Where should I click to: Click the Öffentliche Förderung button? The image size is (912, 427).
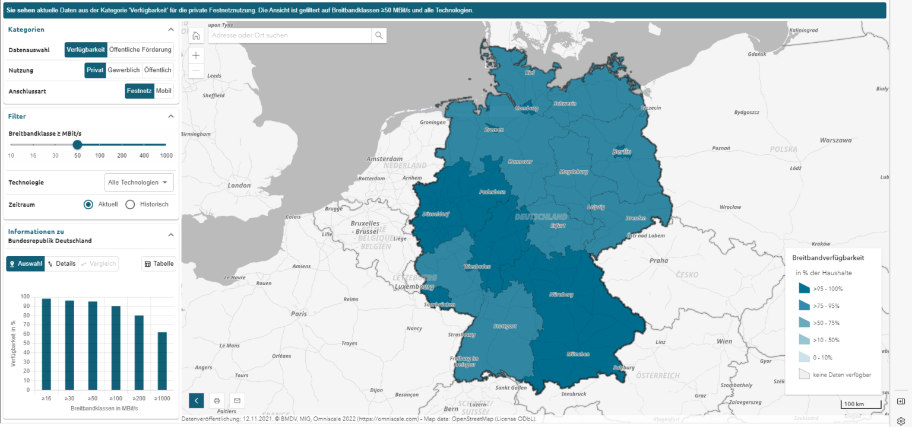click(x=140, y=50)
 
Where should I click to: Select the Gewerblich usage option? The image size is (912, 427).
click(x=123, y=70)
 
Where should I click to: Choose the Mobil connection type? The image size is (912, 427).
click(x=164, y=91)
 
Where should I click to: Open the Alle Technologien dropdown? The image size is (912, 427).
click(x=139, y=183)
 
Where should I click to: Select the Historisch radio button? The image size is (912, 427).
click(x=131, y=205)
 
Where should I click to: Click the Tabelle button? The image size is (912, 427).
click(x=159, y=264)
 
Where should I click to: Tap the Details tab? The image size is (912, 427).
click(x=62, y=264)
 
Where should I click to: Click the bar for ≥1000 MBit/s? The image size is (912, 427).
click(x=162, y=361)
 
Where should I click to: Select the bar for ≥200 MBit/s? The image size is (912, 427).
click(x=139, y=353)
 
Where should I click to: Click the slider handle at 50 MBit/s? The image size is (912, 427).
click(x=77, y=145)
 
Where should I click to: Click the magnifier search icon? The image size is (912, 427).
click(x=379, y=36)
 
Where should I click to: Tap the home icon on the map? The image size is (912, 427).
click(x=196, y=36)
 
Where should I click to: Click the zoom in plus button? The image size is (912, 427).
click(x=196, y=55)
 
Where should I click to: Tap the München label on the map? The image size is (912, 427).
click(x=577, y=353)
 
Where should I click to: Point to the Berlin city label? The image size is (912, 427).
click(x=622, y=152)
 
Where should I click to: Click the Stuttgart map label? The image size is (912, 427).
click(x=505, y=326)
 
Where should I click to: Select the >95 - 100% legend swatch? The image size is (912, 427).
click(x=805, y=289)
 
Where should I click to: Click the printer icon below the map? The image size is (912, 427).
click(x=217, y=400)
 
